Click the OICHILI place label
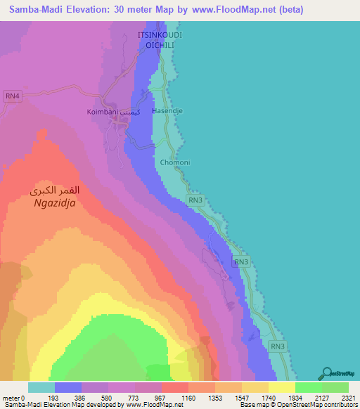coord(159,44)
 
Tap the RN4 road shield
coord(13,96)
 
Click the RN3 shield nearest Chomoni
coord(196,200)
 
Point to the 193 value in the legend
coord(67,398)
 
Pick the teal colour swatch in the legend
coord(41,387)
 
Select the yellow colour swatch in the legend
coord(281,387)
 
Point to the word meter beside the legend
coord(11,398)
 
